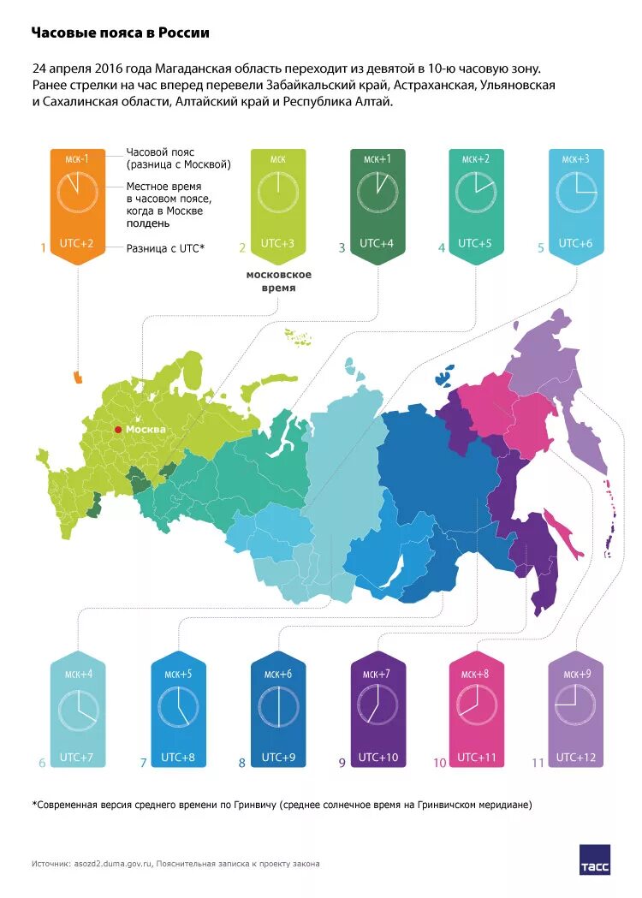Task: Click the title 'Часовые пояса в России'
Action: [120, 33]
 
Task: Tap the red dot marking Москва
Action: [118, 429]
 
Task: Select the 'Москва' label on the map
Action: [146, 429]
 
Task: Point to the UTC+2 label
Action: [77, 243]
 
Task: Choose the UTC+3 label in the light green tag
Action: [278, 243]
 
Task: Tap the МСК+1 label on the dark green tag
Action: [377, 159]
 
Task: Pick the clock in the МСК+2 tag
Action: [476, 192]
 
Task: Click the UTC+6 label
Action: [575, 243]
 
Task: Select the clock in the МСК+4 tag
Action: [78, 708]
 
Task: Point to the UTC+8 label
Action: [177, 757]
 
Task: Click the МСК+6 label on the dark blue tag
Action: [278, 674]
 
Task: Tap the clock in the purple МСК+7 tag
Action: [377, 708]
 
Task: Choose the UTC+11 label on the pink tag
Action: [476, 757]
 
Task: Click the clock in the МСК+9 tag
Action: [575, 708]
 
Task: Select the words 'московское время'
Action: [278, 282]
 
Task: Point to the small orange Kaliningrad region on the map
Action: [79, 376]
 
